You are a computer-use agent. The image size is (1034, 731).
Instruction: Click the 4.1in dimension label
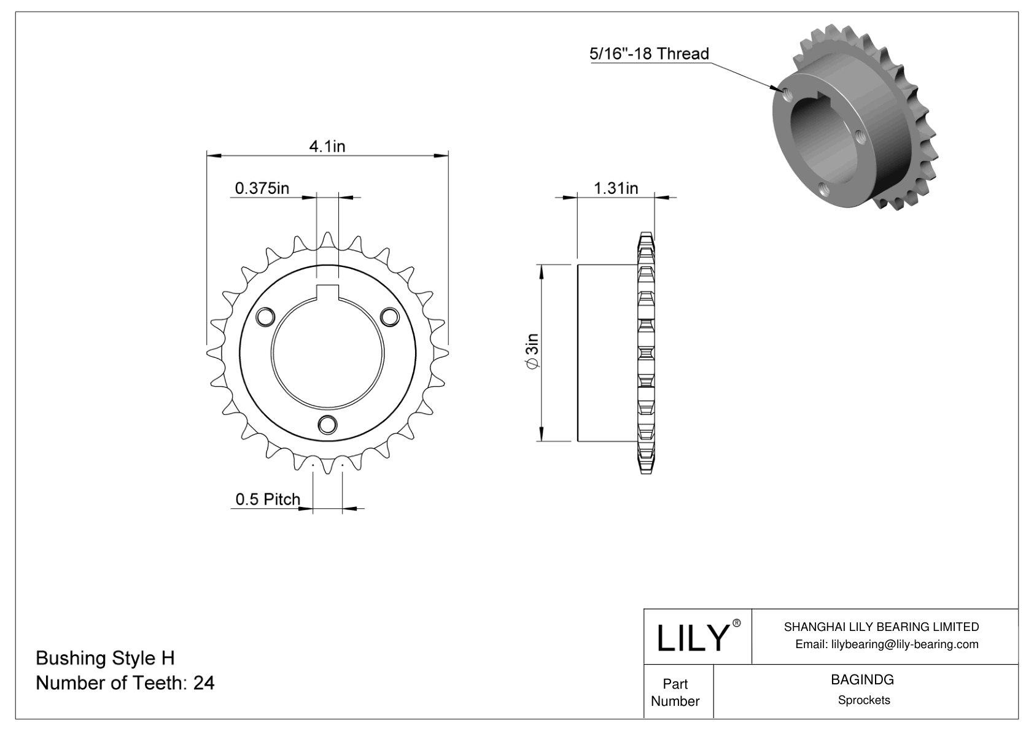point(327,146)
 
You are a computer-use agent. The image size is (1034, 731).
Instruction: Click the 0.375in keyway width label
point(262,188)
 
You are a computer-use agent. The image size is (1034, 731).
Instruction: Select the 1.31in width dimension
point(615,188)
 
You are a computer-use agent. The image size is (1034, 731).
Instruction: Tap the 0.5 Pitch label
point(268,499)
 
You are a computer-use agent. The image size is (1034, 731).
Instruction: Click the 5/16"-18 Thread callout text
point(649,54)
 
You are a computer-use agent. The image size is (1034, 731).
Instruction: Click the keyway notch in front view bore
point(327,293)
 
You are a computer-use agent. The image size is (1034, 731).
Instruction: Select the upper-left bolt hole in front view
point(265,316)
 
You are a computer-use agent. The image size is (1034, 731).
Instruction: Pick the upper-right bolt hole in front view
point(389,316)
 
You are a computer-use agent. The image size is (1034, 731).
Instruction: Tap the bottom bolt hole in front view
point(327,424)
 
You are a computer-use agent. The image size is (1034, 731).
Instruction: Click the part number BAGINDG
point(863,679)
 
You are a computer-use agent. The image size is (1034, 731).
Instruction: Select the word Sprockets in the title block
point(864,700)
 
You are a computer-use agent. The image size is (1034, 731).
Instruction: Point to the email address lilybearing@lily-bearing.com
point(887,644)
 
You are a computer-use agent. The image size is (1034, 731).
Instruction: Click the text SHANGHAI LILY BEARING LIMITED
point(881,627)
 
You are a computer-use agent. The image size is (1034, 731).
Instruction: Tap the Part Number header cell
point(675,692)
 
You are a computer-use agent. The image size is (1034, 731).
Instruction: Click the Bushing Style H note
point(105,658)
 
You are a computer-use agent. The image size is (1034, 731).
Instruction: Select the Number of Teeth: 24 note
point(125,683)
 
